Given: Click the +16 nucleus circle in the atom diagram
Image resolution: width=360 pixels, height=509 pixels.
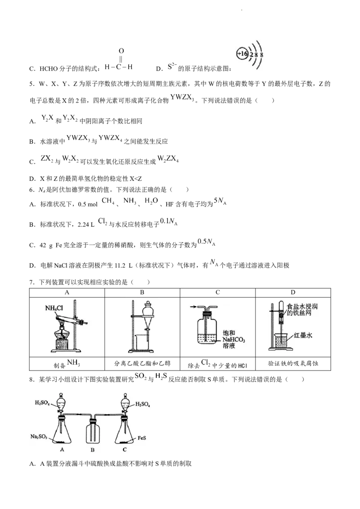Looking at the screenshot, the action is pos(243,54).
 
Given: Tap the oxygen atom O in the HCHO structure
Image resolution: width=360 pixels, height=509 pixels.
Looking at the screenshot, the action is pos(121,51).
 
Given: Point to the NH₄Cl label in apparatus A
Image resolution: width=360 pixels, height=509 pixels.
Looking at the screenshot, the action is pos(54,308).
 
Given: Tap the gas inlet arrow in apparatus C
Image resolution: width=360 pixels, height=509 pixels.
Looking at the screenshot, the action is pos(193,307).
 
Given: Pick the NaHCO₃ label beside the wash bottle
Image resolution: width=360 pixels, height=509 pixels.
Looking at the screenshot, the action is pos(234,340).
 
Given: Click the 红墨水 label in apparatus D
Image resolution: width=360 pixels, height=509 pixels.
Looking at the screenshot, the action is pos(303,335).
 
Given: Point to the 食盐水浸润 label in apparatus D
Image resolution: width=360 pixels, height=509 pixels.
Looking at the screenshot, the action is pos(302,307).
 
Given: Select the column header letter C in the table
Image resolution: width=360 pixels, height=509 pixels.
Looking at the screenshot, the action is pos(218,292).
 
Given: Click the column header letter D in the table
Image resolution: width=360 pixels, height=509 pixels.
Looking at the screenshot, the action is pos(293,292).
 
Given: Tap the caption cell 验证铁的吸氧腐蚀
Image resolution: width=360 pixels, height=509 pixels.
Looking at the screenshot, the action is pos(293,364).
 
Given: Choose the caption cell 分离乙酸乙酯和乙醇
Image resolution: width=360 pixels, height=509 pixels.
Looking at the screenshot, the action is pos(142,364).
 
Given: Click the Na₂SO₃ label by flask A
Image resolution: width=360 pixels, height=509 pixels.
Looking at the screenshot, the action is pos(39,437).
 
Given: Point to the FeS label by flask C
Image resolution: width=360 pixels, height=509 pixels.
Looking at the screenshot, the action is pos(142,438).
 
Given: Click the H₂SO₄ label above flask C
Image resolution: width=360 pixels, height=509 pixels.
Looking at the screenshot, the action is pos(143,405).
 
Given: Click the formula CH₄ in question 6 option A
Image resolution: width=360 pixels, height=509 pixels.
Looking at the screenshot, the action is pos(108,201).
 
